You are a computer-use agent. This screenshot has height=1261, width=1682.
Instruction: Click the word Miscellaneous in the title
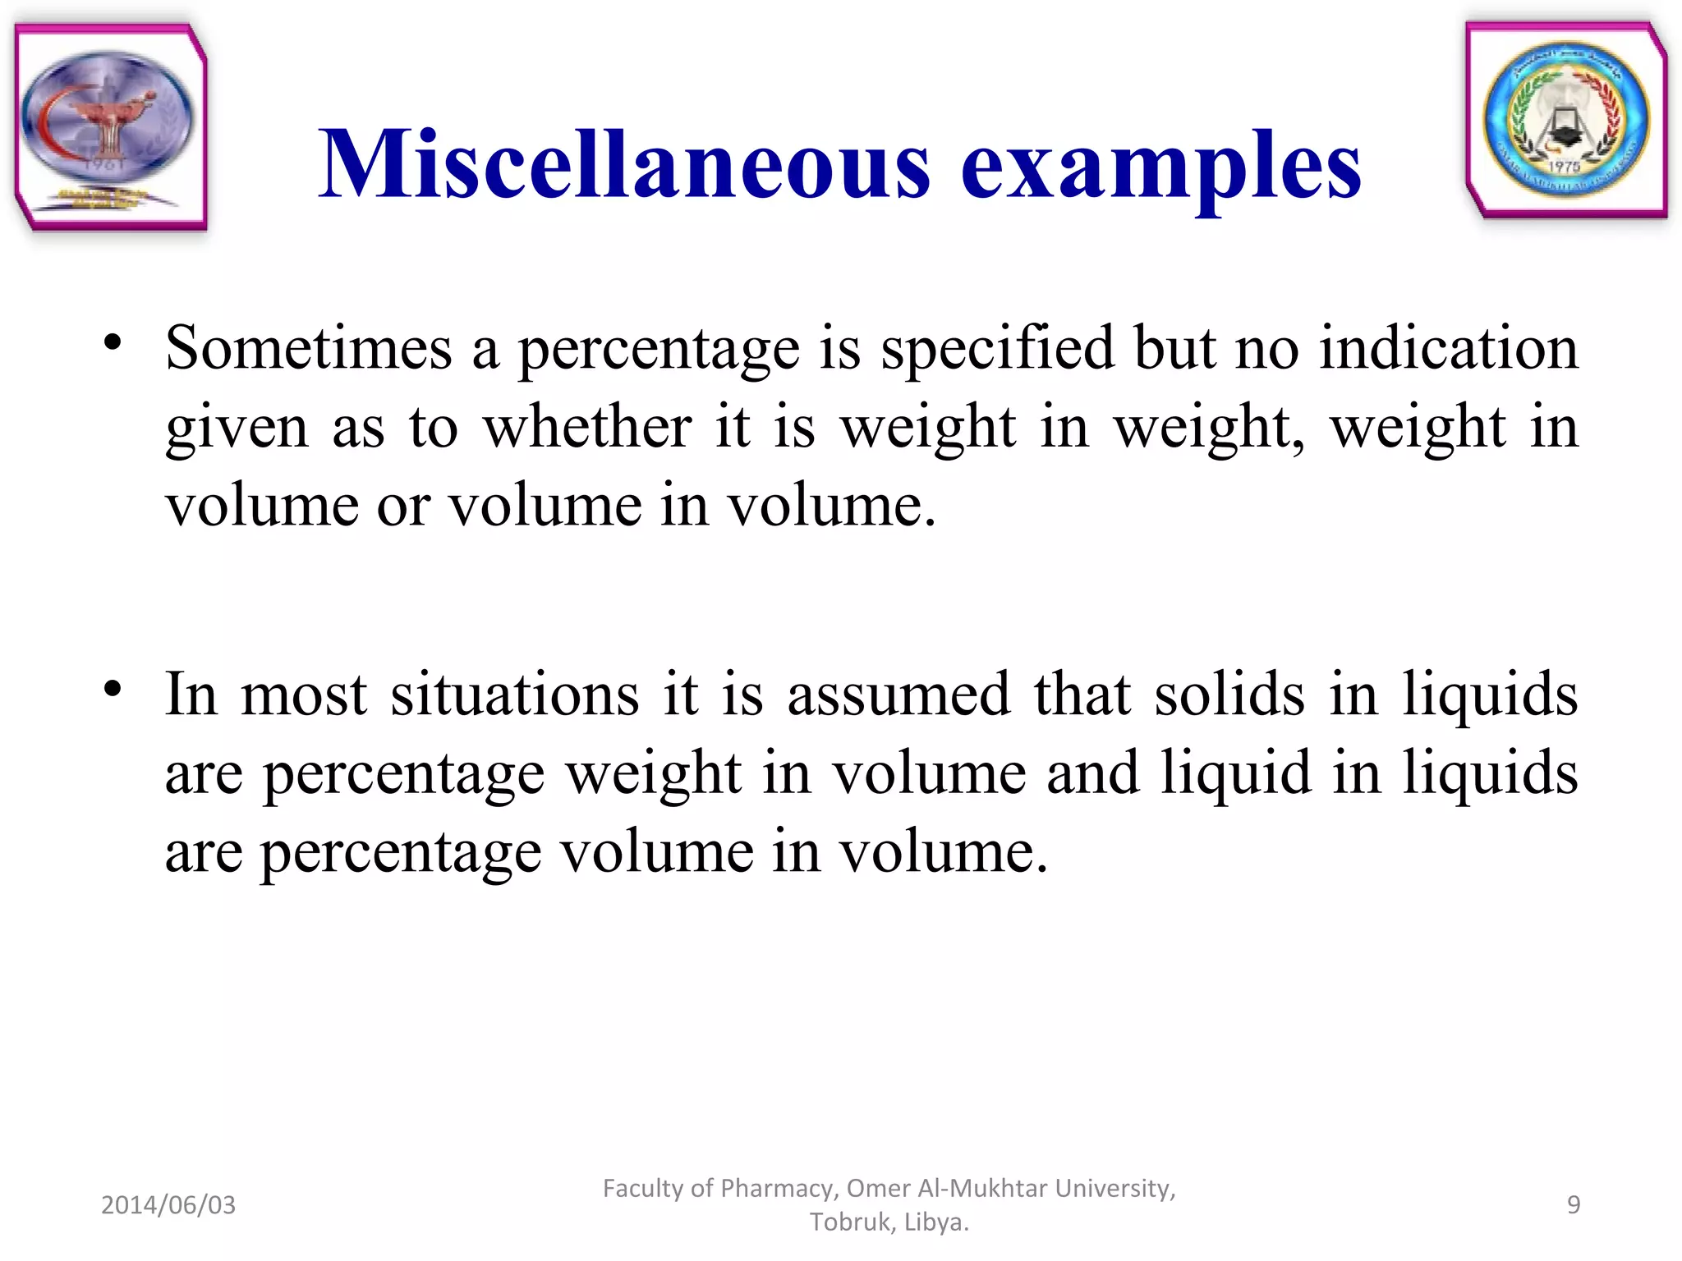tap(624, 164)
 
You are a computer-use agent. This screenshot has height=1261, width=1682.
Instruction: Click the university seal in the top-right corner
tap(1566, 121)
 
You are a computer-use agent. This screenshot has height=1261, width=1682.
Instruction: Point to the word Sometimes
tap(308, 348)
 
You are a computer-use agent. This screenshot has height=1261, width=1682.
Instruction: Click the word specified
tap(997, 348)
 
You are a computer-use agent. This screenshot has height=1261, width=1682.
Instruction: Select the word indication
tap(1448, 348)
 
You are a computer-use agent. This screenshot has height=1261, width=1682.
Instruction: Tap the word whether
tap(587, 427)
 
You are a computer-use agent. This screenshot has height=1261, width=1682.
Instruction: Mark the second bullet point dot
tap(113, 690)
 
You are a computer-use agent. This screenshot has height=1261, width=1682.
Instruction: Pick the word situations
tap(514, 695)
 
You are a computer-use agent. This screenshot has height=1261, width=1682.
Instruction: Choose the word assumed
tap(898, 695)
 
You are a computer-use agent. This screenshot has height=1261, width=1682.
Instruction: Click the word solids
tap(1229, 695)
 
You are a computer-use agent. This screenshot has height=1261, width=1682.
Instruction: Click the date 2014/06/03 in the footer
tap(168, 1205)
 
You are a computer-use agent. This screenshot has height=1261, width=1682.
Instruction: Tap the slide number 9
tap(1574, 1204)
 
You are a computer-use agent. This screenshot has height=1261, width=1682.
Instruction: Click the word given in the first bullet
tap(237, 429)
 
